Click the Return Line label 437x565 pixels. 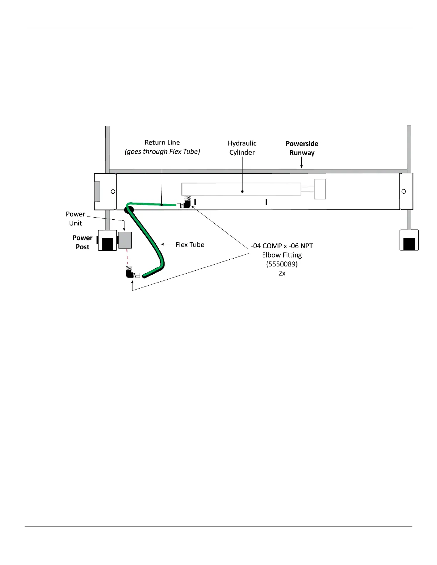tap(162, 143)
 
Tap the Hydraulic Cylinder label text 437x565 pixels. tap(242, 148)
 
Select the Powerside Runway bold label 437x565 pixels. tap(302, 148)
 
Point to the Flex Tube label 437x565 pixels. tap(190, 245)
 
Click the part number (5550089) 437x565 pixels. tap(282, 264)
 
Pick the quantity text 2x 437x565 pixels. tap(282, 274)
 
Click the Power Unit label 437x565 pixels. tap(75, 219)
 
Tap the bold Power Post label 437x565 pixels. tap(82, 242)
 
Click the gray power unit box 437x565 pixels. tap(125, 240)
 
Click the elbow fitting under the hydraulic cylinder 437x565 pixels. tap(186, 204)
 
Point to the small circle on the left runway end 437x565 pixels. tap(113, 192)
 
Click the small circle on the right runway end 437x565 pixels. tap(403, 192)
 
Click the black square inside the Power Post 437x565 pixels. tap(107, 243)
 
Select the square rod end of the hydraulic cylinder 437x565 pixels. tap(320, 189)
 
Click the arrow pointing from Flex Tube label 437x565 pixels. tap(167, 244)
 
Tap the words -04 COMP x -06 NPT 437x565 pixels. tap(282, 246)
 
